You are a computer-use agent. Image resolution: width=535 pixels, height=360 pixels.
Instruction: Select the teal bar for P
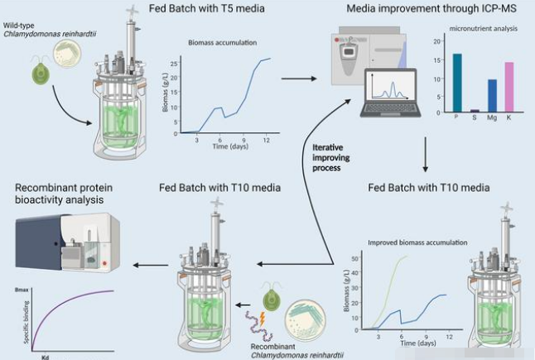pyautogui.click(x=456, y=82)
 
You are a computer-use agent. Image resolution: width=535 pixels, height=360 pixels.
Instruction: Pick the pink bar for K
pyautogui.click(x=509, y=86)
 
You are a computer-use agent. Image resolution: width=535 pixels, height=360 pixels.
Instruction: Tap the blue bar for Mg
pyautogui.click(x=492, y=95)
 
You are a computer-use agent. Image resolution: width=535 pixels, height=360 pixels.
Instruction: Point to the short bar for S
pyautogui.click(x=474, y=110)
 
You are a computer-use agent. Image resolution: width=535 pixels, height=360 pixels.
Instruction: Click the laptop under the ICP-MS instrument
pyautogui.click(x=393, y=94)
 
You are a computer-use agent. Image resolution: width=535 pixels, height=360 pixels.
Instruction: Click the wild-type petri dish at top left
pyautogui.click(x=66, y=55)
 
